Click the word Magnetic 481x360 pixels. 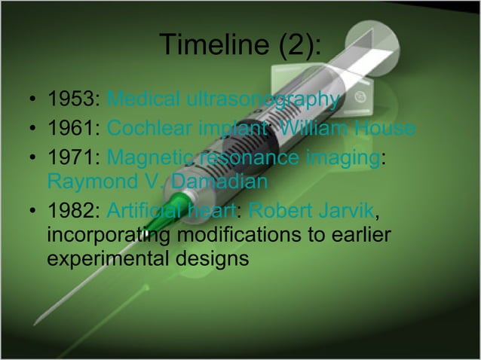(x=148, y=157)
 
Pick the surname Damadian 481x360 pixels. (x=219, y=182)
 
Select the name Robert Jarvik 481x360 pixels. (x=309, y=210)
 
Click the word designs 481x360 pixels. (x=212, y=260)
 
